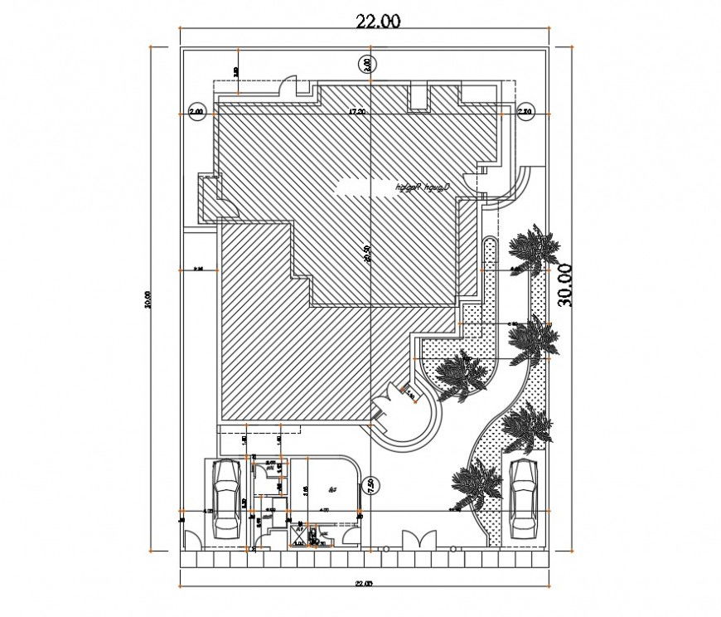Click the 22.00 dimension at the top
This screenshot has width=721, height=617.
coord(378,22)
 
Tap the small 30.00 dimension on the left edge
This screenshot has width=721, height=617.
coord(148,298)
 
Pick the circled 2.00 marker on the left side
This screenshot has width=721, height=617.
coord(196,112)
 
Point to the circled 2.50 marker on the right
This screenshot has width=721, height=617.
coord(525,112)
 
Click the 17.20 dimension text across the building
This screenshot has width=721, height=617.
coord(357,110)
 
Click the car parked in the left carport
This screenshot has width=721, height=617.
coord(226,499)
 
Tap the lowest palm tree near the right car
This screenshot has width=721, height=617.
coord(476,484)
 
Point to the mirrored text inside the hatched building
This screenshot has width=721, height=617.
coord(423,189)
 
